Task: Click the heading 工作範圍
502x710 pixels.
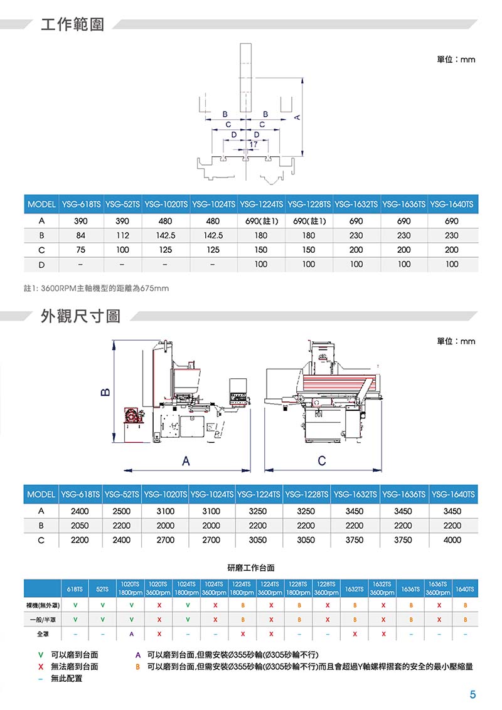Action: click(x=73, y=24)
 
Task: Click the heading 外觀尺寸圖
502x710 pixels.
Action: click(x=81, y=315)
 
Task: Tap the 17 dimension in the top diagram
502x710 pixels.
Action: click(x=254, y=144)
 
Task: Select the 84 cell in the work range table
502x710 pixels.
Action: click(x=81, y=235)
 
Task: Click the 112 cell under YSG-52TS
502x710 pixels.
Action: click(x=122, y=235)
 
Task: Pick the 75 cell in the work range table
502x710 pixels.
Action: click(x=81, y=250)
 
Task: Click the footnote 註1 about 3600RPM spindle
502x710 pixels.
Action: click(x=96, y=288)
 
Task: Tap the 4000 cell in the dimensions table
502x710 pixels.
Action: click(x=452, y=540)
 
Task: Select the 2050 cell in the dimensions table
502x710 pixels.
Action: click(x=80, y=526)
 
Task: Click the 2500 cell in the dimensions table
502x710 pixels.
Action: click(x=122, y=511)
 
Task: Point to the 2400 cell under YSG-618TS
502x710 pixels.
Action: click(x=80, y=511)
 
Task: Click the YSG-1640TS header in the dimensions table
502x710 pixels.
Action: click(x=453, y=494)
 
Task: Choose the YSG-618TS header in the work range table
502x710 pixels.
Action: click(x=81, y=204)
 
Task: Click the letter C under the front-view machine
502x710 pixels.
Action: click(x=322, y=460)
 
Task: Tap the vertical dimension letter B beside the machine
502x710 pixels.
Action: click(x=105, y=391)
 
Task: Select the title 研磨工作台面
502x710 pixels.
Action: click(x=250, y=568)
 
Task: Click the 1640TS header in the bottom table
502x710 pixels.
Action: click(x=465, y=589)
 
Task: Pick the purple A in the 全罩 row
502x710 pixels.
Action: click(x=131, y=634)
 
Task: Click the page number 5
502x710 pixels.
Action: click(x=473, y=694)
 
